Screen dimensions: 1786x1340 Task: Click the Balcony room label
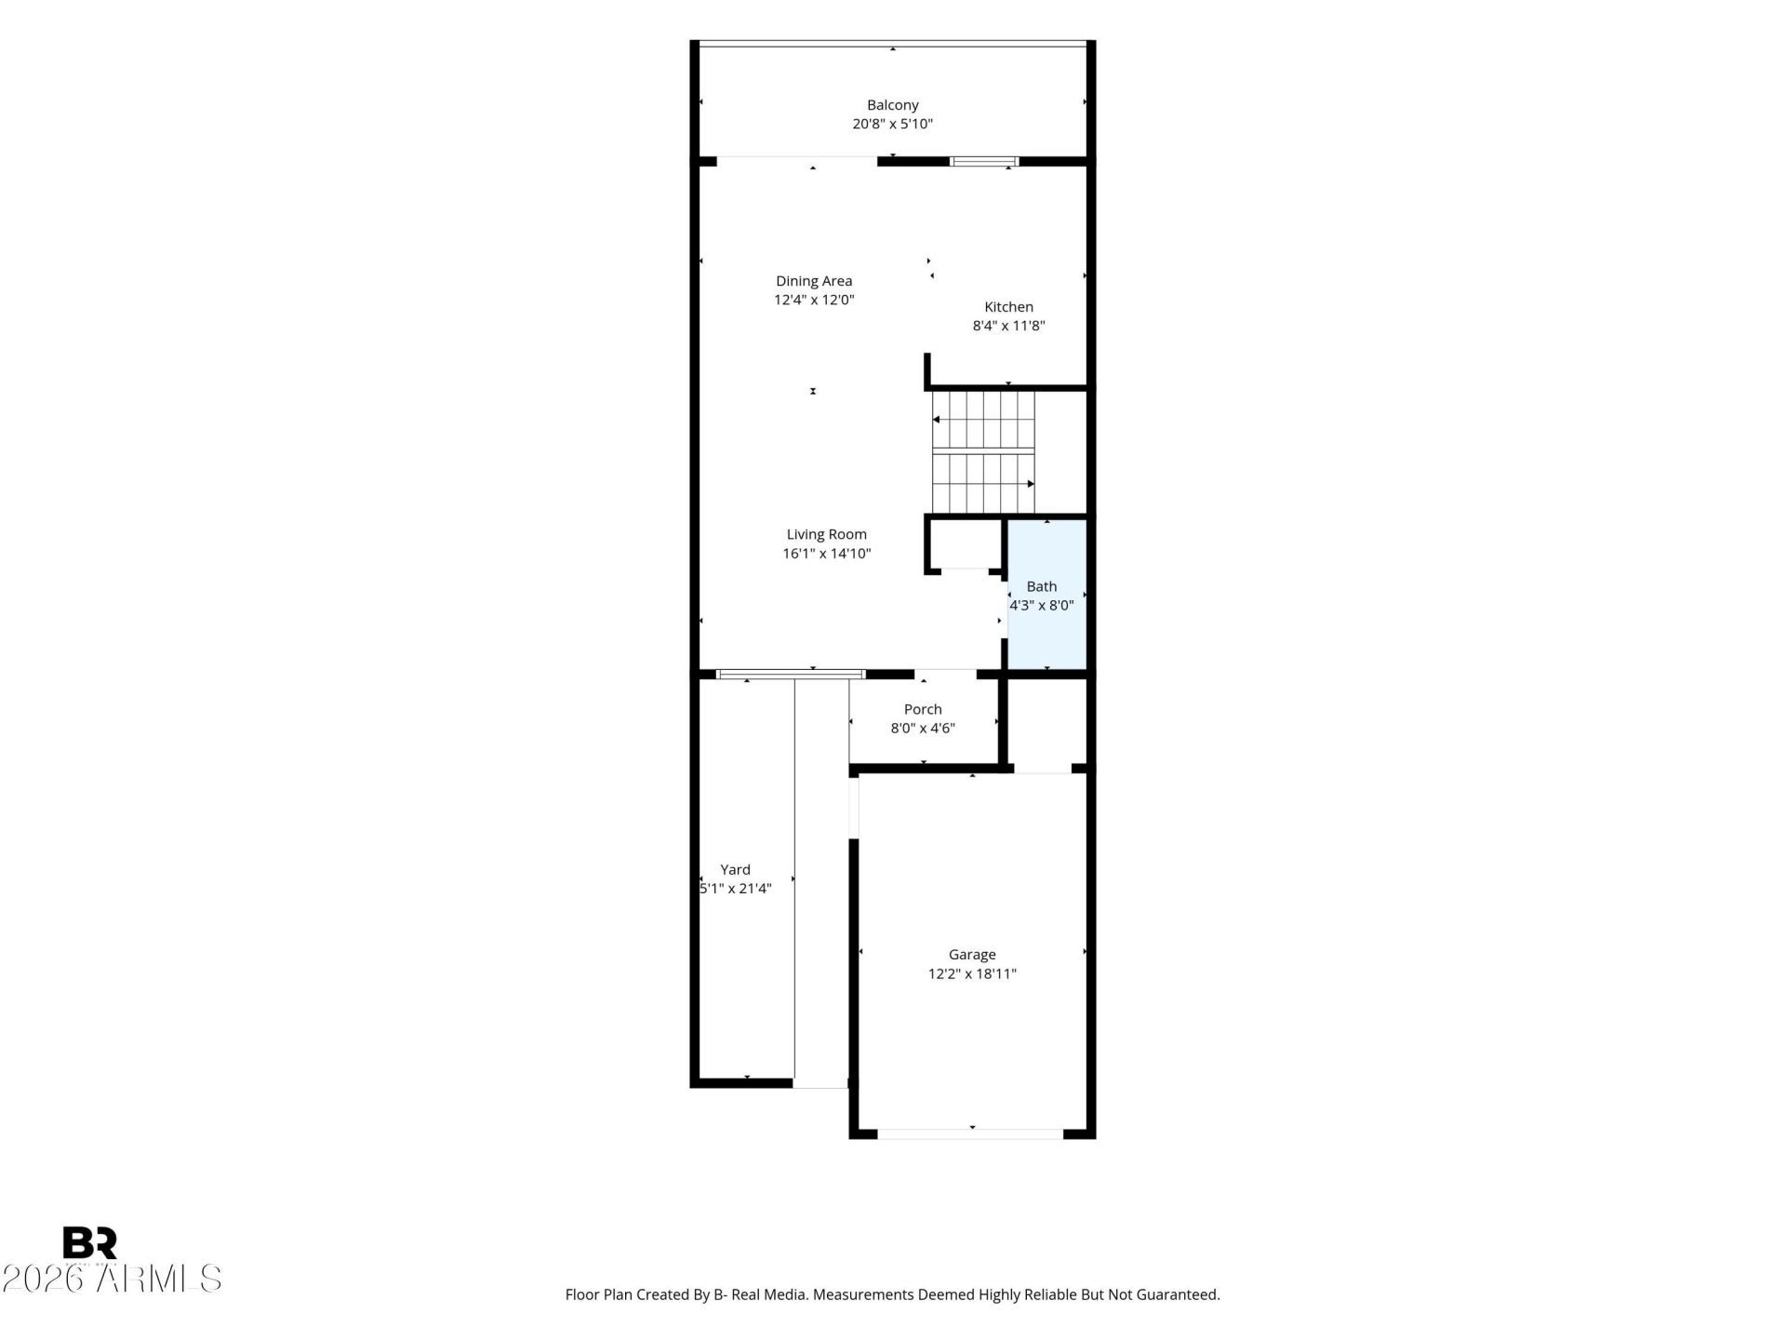tap(892, 105)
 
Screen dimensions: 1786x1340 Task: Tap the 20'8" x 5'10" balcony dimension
tap(892, 124)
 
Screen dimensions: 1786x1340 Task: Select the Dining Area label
tap(814, 281)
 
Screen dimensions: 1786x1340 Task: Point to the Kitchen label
tap(1008, 307)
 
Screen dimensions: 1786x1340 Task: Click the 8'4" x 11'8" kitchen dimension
tap(1008, 326)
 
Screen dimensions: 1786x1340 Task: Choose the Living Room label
tap(826, 534)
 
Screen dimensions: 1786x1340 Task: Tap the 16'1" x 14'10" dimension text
tap(826, 554)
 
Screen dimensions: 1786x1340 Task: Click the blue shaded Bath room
tap(1047, 594)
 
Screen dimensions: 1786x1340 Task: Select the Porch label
tap(923, 709)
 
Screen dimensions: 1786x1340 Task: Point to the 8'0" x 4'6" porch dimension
tap(923, 729)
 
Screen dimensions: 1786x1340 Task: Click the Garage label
tap(972, 955)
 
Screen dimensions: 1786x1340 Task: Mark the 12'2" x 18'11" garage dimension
tap(972, 974)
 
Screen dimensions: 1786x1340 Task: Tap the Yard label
tap(735, 870)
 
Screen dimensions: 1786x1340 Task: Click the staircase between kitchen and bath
tap(983, 452)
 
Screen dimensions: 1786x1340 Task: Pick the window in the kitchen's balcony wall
tap(984, 162)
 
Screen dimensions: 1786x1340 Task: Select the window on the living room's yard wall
tap(791, 675)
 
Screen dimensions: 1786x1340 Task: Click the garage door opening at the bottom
tap(970, 1133)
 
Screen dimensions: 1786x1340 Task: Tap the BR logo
tap(89, 1243)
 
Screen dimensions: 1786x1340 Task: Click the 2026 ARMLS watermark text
tap(112, 1279)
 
